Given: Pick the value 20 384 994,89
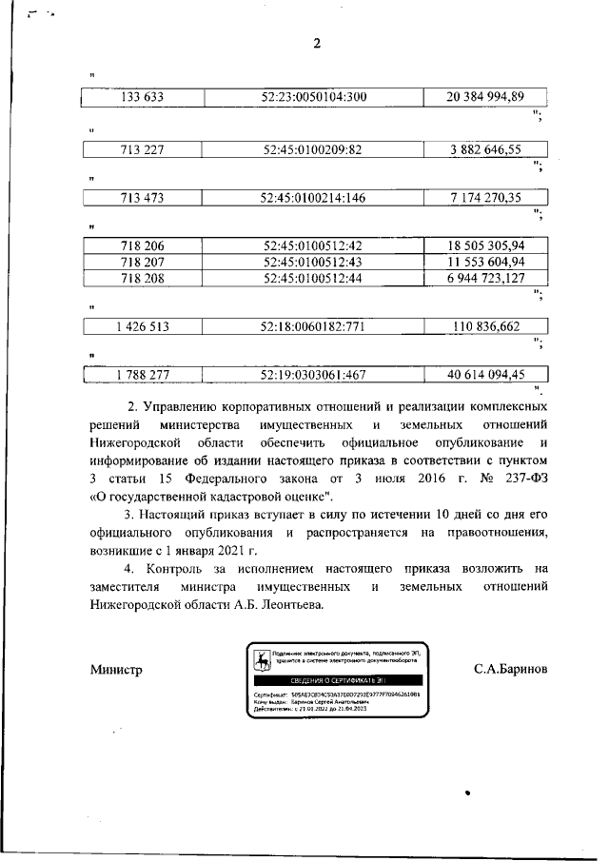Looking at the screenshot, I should click(486, 97).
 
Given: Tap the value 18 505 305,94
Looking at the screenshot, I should click(486, 245).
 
